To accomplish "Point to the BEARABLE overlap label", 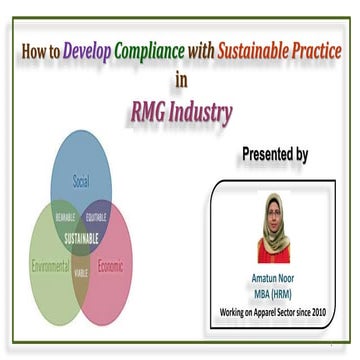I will point(66,216).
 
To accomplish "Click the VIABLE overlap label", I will point(82,271).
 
